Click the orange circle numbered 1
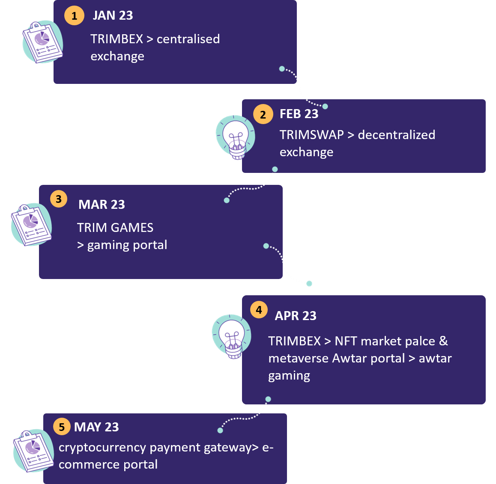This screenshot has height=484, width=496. point(74,16)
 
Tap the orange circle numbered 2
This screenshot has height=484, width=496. point(263,114)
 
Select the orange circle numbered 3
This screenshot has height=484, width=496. point(59,199)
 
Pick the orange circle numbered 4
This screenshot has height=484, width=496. point(259,310)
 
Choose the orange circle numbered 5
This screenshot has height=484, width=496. point(62,427)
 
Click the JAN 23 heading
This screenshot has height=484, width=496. point(113,15)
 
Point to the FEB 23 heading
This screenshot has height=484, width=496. point(299,114)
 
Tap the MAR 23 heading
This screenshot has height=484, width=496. point(102,205)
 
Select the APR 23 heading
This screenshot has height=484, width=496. point(296,316)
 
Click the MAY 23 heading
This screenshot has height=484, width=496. point(96,427)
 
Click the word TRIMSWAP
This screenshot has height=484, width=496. point(311,135)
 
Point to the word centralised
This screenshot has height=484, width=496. point(188,39)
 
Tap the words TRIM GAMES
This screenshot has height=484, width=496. point(115,228)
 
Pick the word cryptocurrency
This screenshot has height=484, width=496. point(102,448)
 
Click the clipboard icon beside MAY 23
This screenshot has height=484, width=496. point(33,451)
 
